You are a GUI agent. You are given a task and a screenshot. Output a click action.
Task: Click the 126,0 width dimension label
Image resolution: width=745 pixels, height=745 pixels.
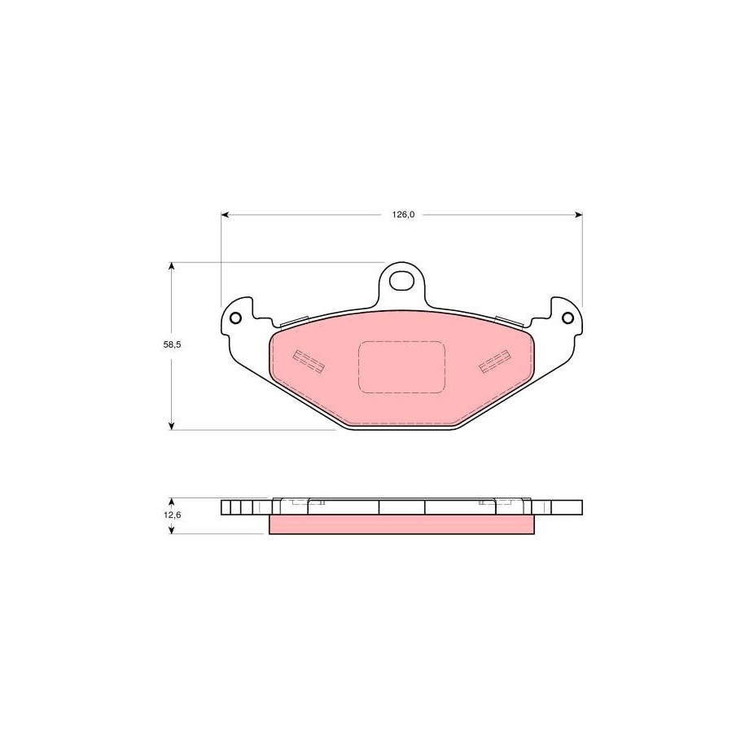point(403,215)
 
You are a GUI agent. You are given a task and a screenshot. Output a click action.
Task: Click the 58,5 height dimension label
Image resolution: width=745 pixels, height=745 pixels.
point(172,345)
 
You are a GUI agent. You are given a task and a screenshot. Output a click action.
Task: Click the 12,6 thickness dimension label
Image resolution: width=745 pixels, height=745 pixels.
point(172,515)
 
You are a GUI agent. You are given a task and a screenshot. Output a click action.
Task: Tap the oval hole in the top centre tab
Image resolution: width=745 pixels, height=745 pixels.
point(401,280)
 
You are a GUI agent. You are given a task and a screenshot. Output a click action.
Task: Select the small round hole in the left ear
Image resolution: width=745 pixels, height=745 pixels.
point(235,318)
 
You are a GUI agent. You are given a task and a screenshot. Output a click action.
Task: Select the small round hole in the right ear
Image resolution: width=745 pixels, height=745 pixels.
point(568,318)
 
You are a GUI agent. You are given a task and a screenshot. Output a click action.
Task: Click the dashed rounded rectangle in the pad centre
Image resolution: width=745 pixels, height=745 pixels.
point(401,367)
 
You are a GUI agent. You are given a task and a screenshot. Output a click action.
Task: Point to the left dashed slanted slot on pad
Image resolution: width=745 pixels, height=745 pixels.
point(309,361)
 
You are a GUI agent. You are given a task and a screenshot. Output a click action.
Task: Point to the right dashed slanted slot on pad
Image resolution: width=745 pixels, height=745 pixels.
point(494,361)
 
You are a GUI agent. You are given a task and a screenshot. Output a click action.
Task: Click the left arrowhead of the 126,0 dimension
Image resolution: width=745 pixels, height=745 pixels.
point(226,215)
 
